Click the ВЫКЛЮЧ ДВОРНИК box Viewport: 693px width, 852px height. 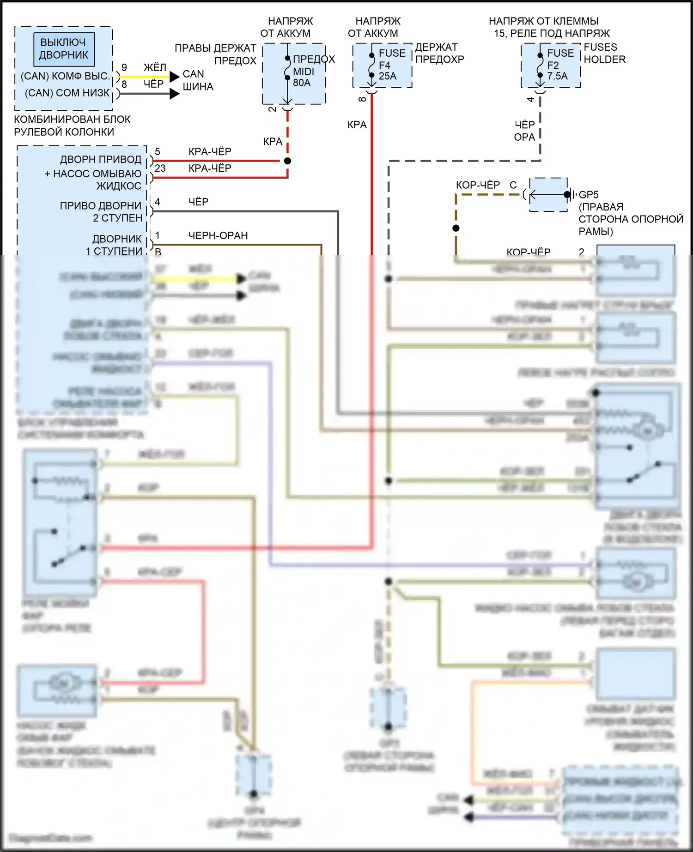[x=63, y=48]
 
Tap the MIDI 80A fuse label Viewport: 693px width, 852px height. [x=303, y=77]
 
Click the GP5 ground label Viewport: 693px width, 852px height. [x=589, y=195]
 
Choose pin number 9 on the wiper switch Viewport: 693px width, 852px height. [x=124, y=67]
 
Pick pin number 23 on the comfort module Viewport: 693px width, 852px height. [x=160, y=168]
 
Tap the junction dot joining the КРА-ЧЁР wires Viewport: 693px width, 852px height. [x=287, y=161]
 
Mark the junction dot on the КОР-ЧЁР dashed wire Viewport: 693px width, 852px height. [x=456, y=228]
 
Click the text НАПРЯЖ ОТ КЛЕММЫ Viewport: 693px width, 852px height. [x=543, y=21]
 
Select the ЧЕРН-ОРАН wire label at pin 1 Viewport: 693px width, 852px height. [x=218, y=235]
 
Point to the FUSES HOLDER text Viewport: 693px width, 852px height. [x=604, y=53]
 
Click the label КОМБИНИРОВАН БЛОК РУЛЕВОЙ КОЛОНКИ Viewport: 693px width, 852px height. [x=72, y=126]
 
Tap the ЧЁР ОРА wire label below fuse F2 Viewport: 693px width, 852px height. [x=524, y=131]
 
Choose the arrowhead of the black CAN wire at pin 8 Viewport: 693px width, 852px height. [x=175, y=94]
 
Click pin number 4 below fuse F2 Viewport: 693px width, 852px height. [x=530, y=99]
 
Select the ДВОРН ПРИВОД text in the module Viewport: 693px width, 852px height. [x=101, y=160]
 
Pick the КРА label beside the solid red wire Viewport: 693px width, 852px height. [x=357, y=125]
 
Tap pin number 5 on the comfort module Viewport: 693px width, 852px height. [x=158, y=152]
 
